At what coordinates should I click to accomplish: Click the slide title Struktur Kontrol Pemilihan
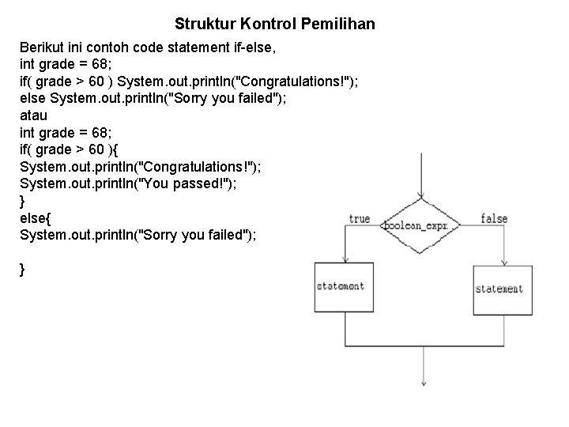tap(274, 25)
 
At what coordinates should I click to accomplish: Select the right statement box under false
tap(499, 289)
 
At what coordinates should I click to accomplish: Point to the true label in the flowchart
tap(359, 218)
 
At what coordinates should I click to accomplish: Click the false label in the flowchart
tap(494, 218)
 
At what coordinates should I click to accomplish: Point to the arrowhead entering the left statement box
tap(345, 259)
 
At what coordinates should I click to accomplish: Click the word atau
tap(33, 115)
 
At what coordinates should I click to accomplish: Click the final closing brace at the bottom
tap(22, 270)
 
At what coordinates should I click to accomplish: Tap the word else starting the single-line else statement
tap(32, 97)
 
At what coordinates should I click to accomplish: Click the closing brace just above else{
tap(22, 202)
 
